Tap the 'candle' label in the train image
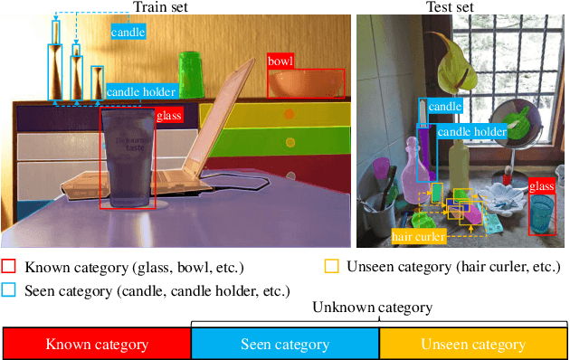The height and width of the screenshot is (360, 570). [x=127, y=33]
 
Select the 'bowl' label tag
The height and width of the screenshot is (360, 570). [x=280, y=62]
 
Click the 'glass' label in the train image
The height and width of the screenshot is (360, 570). [x=168, y=116]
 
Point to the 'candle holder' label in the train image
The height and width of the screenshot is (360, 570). [x=141, y=91]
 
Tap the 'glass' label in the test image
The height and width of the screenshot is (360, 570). [x=541, y=186]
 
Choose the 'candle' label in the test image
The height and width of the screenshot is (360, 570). [x=445, y=107]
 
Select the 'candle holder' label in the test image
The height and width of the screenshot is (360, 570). [x=472, y=132]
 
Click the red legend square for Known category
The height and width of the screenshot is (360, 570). [x=10, y=267]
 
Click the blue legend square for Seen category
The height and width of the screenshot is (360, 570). [x=10, y=290]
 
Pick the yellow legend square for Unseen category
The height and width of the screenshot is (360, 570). [x=331, y=267]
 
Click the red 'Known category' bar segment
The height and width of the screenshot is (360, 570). [x=97, y=344]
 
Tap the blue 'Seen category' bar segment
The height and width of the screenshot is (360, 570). [x=285, y=344]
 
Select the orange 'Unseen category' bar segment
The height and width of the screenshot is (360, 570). [x=473, y=344]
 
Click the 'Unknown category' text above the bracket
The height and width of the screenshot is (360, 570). [x=372, y=308]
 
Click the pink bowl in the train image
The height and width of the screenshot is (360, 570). [x=306, y=84]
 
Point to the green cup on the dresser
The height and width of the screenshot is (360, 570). [x=191, y=72]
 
